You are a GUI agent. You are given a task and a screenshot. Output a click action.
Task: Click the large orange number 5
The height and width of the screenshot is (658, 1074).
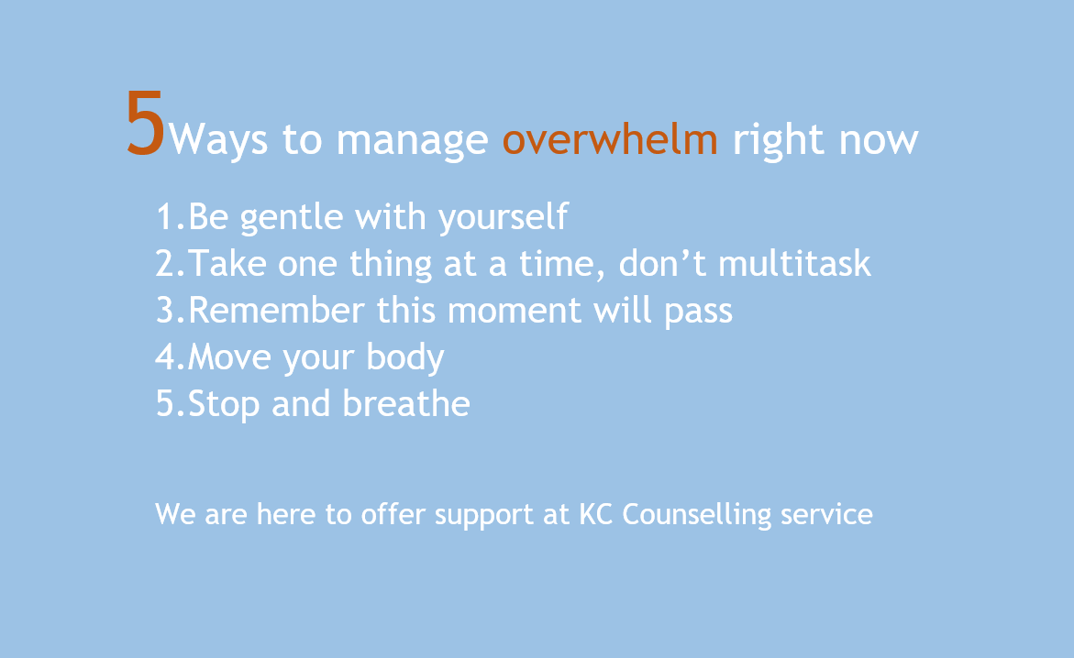[x=146, y=125]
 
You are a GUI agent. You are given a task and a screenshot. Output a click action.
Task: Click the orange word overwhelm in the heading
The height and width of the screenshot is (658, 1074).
[x=609, y=140]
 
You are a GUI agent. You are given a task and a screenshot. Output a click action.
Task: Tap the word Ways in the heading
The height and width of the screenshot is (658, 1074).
[x=219, y=142]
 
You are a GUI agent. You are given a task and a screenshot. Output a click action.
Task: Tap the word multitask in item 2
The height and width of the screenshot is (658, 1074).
[x=794, y=264]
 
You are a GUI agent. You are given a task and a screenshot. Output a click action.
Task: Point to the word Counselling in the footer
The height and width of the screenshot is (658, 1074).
[x=698, y=515]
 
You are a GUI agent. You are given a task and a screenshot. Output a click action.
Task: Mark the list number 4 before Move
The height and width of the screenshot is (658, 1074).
[x=166, y=357]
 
